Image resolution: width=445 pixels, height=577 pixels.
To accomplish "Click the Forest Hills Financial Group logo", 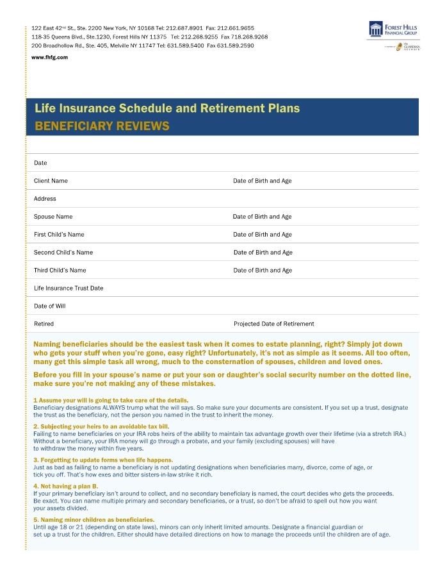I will [393, 29].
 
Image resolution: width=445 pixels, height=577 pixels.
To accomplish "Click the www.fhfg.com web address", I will [49, 58].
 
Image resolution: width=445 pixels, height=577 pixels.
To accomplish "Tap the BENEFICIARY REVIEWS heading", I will [102, 126].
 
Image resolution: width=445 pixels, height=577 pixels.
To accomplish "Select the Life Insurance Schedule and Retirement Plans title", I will [166, 108].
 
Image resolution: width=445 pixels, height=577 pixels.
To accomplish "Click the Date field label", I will [40, 163].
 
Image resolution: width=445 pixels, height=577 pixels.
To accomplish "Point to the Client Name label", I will [51, 181].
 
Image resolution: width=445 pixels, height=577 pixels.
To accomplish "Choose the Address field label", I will [45, 199].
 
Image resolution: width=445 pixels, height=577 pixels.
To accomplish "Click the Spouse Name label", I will [53, 217].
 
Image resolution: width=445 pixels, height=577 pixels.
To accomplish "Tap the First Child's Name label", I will [59, 235].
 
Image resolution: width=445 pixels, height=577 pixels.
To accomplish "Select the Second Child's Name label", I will [63, 253].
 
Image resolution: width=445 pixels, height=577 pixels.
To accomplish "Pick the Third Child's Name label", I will [60, 271].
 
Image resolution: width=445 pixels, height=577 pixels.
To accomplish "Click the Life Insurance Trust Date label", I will [69, 288].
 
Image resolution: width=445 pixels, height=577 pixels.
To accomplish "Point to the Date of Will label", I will [49, 306].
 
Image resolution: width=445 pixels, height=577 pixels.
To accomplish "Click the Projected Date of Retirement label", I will [274, 324].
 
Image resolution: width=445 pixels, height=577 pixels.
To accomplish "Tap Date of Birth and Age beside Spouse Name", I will [262, 217].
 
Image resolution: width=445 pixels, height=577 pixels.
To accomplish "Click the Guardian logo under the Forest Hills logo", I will [407, 47].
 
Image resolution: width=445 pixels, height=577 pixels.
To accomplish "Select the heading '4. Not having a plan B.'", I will [67, 487].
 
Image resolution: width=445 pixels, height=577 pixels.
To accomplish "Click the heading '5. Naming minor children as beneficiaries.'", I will [93, 519].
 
